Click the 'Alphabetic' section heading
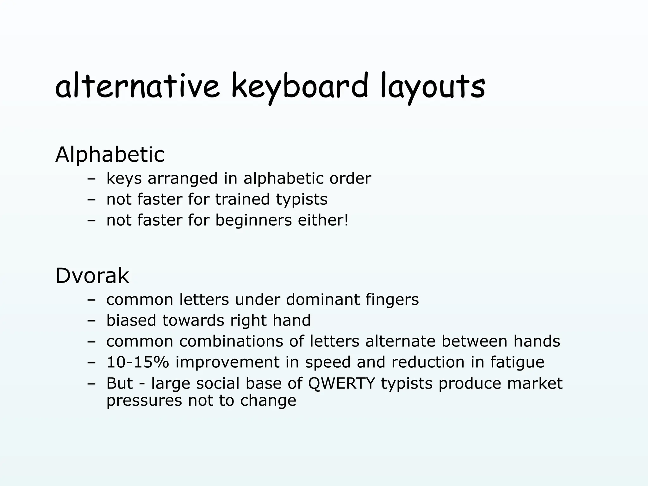pyautogui.click(x=110, y=155)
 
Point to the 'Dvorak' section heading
pyautogui.click(x=92, y=276)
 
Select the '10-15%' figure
pyautogui.click(x=138, y=362)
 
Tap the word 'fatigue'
pyautogui.click(x=517, y=362)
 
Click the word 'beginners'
pyautogui.click(x=253, y=220)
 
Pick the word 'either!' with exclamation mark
pyautogui.click(x=323, y=220)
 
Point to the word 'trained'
pyautogui.click(x=242, y=199)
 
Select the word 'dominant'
pyautogui.click(x=322, y=299)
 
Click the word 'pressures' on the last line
pyautogui.click(x=144, y=401)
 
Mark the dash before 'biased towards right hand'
pyautogui.click(x=91, y=321)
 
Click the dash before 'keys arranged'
pyautogui.click(x=91, y=179)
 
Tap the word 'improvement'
pyautogui.click(x=227, y=362)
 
